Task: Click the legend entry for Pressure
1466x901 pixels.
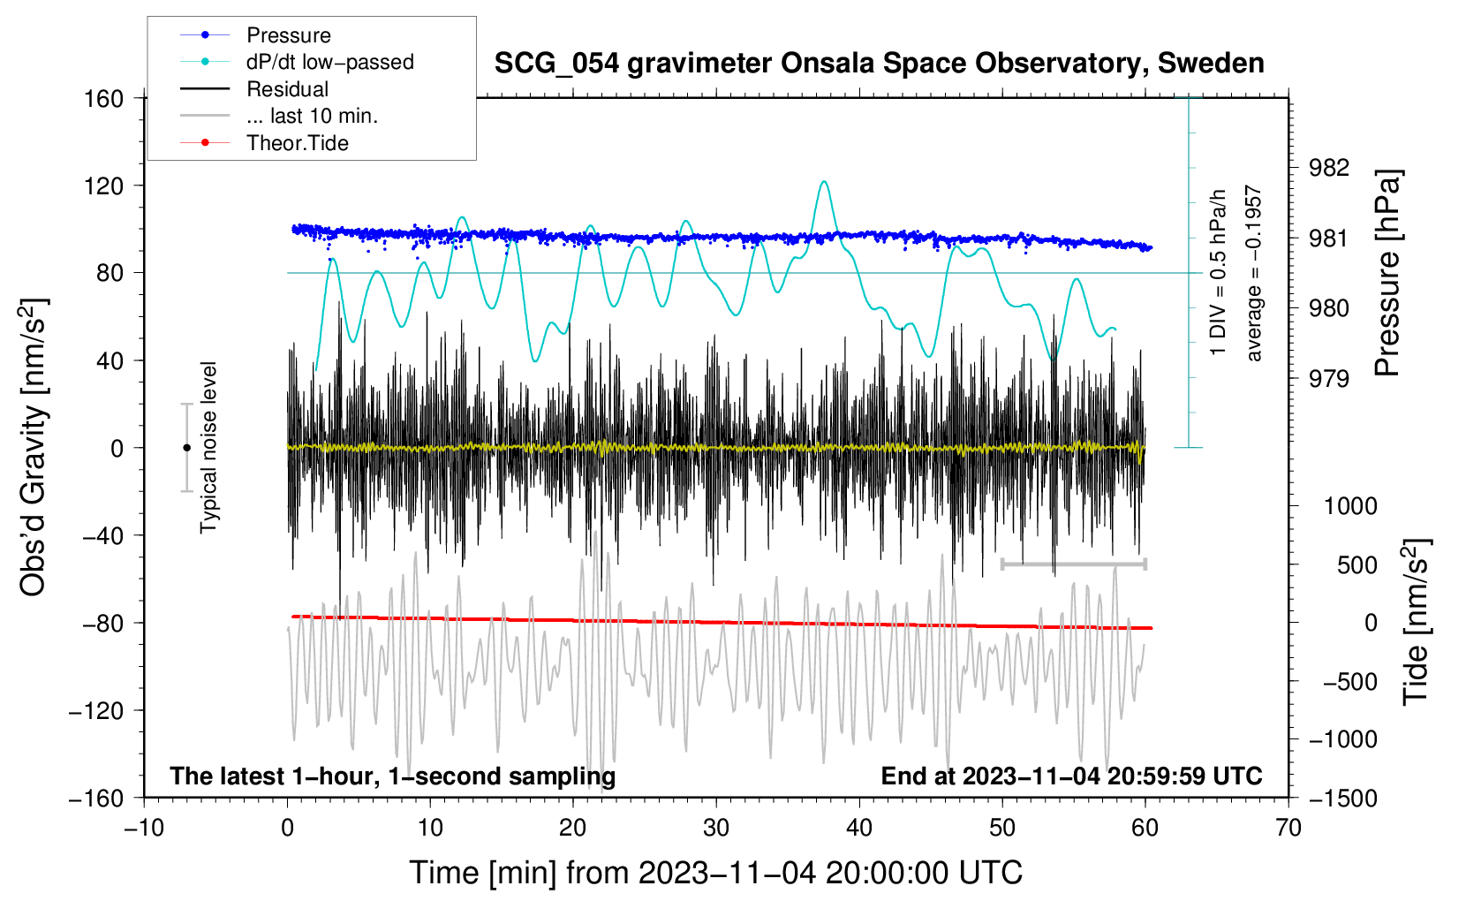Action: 255,34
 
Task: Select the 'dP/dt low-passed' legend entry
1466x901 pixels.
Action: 297,62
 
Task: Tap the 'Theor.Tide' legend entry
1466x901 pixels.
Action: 264,143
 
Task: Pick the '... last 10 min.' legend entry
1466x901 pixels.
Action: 279,116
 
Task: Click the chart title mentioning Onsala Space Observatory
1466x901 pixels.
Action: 879,63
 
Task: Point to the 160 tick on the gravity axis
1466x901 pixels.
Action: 104,99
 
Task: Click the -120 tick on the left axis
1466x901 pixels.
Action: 96,710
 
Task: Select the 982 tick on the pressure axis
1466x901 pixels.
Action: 1328,168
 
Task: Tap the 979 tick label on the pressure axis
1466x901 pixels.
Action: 1328,378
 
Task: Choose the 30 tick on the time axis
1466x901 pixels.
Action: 716,828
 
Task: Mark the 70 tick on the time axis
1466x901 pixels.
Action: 1288,828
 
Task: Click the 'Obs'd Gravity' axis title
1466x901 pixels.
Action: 33,447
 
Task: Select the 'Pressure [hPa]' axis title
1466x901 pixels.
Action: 1387,273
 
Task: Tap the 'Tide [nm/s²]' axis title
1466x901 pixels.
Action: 1417,622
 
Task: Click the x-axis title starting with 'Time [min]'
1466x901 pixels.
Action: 716,873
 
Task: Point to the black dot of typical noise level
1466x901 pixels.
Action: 186,448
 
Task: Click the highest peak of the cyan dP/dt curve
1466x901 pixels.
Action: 824,181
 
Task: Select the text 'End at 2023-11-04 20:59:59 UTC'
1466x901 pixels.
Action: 1071,776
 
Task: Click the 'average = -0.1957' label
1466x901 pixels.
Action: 1253,273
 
